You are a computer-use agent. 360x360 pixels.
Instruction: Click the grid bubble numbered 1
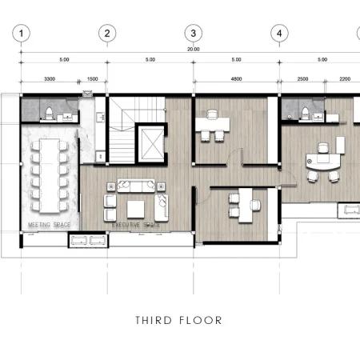(x=24, y=33)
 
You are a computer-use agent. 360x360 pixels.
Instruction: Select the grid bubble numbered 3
(x=193, y=33)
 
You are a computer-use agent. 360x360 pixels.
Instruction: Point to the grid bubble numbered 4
(x=278, y=33)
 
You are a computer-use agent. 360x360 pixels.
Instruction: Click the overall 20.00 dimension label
(x=193, y=50)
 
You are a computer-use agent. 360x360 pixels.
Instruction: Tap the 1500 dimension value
(x=92, y=80)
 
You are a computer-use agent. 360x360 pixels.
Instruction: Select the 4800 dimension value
(x=237, y=80)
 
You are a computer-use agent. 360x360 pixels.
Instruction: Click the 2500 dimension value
(x=302, y=80)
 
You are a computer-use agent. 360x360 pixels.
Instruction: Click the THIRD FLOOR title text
(x=178, y=321)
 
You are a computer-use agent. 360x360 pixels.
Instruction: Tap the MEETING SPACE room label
(x=50, y=225)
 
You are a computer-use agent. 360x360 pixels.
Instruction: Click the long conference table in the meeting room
(x=50, y=170)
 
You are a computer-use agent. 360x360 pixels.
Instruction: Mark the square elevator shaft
(x=150, y=145)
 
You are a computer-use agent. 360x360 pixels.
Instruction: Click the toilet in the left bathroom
(x=49, y=111)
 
